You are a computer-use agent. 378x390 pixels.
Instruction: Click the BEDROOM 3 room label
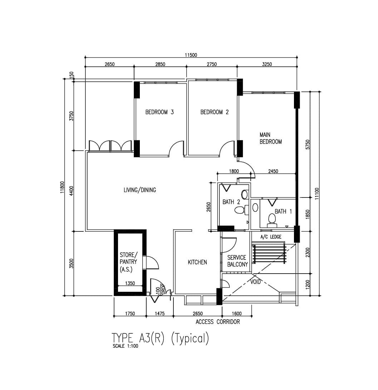[159, 112]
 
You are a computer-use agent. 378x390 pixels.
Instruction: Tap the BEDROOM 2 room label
[215, 112]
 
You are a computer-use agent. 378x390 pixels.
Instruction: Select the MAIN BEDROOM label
[271, 138]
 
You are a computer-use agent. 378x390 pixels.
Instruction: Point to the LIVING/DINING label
[140, 190]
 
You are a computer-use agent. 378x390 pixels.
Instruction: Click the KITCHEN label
[197, 262]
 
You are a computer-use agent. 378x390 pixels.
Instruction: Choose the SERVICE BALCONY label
[237, 261]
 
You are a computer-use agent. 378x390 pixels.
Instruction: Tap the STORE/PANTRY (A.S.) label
[128, 262]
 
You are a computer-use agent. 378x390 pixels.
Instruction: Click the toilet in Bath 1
[272, 221]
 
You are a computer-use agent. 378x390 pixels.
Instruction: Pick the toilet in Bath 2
[241, 210]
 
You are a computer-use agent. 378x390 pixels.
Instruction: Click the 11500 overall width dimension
[191, 55]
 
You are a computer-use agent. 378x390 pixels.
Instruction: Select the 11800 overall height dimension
[62, 187]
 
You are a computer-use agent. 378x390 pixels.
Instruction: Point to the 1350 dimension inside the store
[130, 283]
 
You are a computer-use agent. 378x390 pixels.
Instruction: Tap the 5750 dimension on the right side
[308, 145]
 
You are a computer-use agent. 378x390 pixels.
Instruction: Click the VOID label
[255, 282]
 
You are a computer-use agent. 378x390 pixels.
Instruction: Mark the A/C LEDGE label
[271, 237]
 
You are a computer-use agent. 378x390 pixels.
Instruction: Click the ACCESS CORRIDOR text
[218, 322]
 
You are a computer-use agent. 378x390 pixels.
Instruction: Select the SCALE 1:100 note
[125, 346]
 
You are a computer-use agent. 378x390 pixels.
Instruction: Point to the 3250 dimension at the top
[267, 64]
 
